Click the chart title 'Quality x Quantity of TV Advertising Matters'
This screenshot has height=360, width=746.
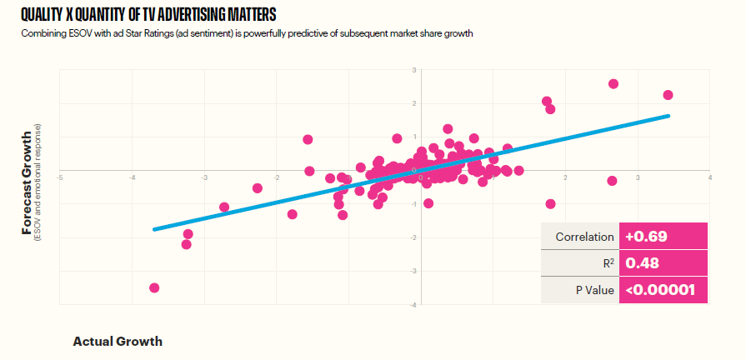point(148,15)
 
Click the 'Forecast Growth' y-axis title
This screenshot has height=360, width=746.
point(28,182)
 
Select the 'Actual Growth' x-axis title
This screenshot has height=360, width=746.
point(118,341)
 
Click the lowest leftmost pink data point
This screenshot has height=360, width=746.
point(154,287)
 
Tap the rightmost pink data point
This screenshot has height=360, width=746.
point(668,95)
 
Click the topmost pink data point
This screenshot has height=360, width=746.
point(613,84)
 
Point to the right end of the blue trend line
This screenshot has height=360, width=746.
point(668,116)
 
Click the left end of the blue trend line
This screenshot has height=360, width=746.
point(153,228)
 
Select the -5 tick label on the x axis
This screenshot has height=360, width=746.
point(60,177)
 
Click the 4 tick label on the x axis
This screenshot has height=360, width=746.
point(709,177)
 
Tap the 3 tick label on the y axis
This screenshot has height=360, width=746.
point(414,71)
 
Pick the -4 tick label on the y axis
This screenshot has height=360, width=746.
point(413,304)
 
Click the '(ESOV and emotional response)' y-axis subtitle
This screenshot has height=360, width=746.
point(38,182)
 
